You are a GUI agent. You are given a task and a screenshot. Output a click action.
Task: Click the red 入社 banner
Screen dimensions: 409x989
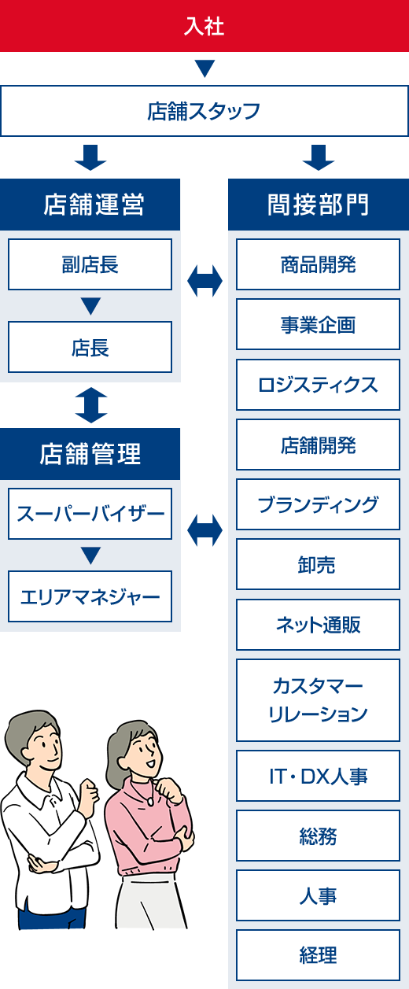[x=204, y=26]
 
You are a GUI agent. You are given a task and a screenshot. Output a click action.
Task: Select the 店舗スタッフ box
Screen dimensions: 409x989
[x=204, y=111]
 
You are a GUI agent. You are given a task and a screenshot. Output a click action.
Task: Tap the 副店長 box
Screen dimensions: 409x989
[x=90, y=264]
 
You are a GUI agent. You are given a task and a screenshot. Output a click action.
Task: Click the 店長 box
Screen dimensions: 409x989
[x=90, y=347]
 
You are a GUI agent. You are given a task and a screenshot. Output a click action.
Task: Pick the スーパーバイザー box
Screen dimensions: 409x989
[x=90, y=514]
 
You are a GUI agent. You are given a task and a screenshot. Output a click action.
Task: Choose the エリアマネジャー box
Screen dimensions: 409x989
[x=90, y=596]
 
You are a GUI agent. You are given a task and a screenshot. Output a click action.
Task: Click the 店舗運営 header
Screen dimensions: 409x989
[x=90, y=205]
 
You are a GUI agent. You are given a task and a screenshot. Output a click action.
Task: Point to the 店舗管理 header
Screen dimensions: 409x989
[x=90, y=454]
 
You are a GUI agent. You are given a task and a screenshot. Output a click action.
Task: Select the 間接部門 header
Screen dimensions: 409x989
[x=319, y=205]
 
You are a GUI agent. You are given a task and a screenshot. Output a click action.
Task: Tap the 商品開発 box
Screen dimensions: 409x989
[x=318, y=264]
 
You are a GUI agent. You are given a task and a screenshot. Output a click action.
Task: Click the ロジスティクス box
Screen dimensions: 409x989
[x=318, y=385]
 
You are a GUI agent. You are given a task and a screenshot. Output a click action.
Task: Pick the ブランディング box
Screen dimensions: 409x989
[x=318, y=504]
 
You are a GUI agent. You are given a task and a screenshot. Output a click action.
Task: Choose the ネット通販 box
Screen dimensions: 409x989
[x=318, y=624]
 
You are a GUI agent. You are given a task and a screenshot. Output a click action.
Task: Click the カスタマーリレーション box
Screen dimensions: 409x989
[x=318, y=700]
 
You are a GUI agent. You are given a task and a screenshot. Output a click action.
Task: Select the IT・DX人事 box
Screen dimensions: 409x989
[x=318, y=776]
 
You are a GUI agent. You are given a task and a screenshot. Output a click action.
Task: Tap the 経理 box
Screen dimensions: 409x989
[x=318, y=955]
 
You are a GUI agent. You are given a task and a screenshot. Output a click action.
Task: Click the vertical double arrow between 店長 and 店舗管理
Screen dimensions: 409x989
[x=91, y=405]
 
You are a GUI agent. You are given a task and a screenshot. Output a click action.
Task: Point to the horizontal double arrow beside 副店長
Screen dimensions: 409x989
[x=204, y=281]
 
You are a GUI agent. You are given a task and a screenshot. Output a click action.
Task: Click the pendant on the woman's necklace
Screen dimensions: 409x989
[x=150, y=802]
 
